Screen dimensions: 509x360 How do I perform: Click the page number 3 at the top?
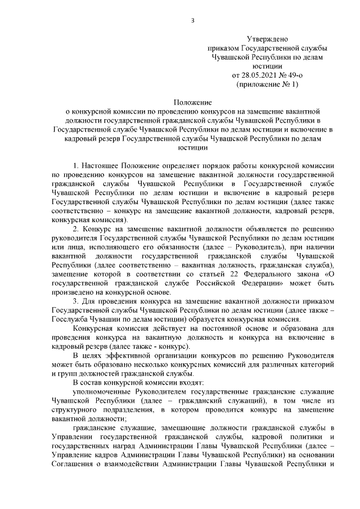(x=193, y=21)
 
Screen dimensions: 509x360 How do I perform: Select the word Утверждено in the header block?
(x=267, y=39)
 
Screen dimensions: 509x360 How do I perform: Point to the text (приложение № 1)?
(x=267, y=84)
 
